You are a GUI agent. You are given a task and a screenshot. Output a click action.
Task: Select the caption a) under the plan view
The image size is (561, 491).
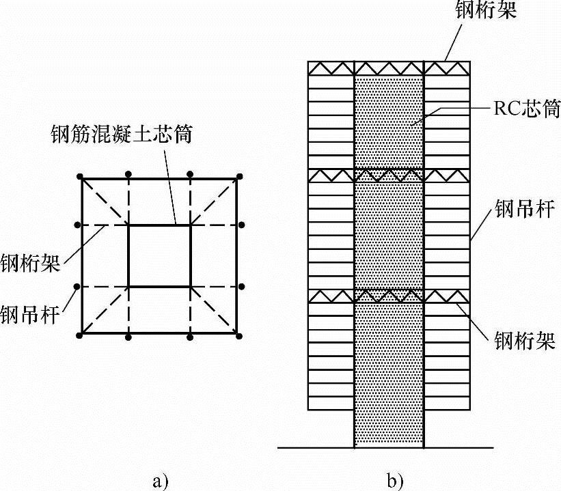coord(159,481)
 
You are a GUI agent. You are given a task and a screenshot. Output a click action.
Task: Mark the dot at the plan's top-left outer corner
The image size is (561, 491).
coord(81,178)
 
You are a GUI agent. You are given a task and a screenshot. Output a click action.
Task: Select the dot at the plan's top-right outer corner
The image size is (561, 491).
coord(239,178)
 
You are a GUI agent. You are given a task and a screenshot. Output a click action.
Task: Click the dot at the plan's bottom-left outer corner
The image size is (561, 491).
coord(81,335)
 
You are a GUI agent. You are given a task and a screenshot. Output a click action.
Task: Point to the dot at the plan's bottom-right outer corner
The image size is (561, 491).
coord(239,335)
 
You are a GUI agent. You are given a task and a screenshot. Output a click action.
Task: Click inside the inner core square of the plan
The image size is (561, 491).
coord(159,256)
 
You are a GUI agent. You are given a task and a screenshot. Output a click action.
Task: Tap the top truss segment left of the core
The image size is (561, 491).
coord(331,68)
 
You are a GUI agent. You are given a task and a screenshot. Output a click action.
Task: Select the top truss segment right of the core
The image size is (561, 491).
coord(447,68)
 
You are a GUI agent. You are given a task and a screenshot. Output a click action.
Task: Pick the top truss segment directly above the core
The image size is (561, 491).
coord(389,68)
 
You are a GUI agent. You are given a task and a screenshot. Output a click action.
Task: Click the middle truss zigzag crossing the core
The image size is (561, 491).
coord(389,176)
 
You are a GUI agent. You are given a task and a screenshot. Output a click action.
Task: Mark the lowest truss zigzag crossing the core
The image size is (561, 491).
coord(389,296)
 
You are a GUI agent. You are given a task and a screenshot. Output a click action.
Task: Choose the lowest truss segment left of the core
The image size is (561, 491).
coord(331,296)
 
